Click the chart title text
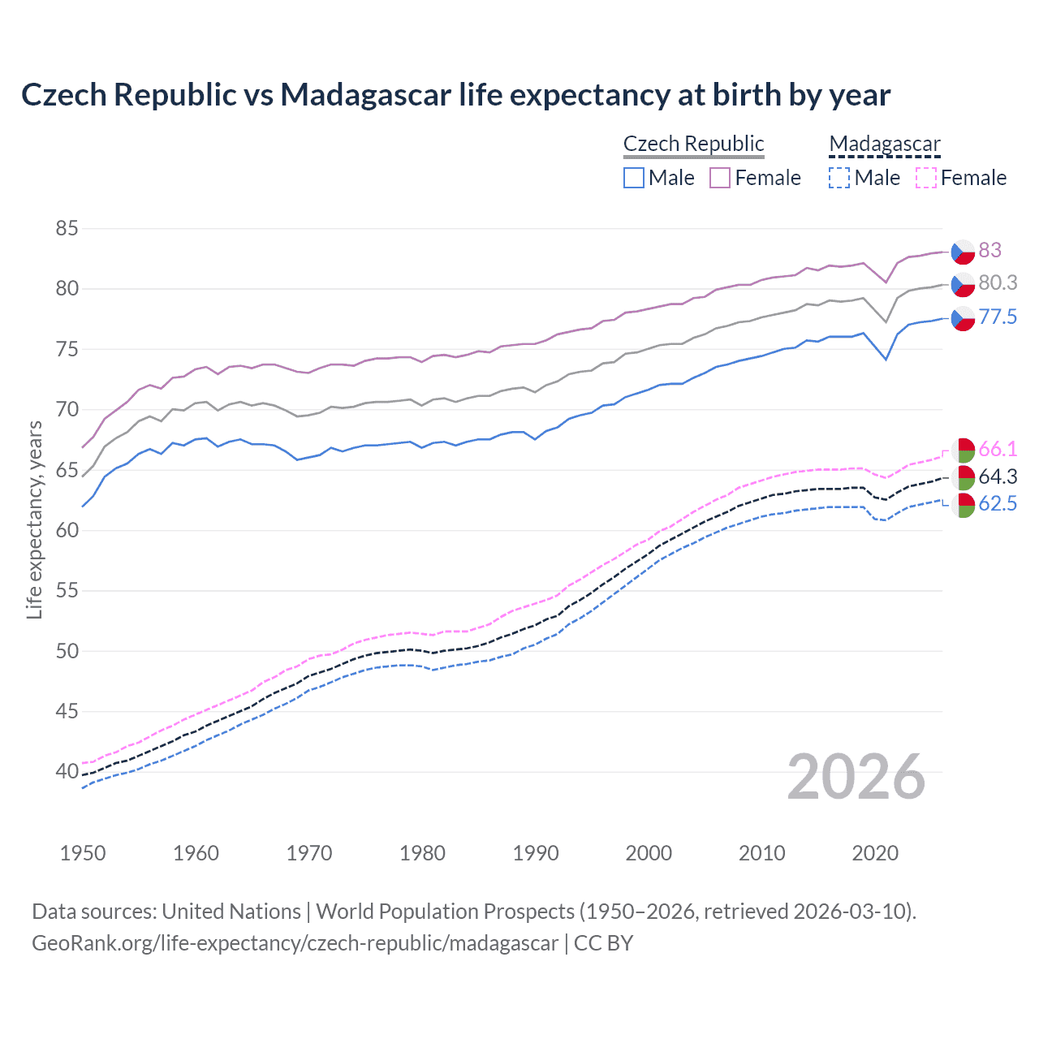pos(455,95)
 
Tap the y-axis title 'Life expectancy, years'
pos(34,519)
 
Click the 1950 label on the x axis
pos(83,853)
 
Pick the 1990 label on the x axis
pos(536,853)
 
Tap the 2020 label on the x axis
pos(875,853)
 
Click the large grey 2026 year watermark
pos(856,777)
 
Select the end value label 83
pos(989,250)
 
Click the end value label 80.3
pos(998,282)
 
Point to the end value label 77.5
pos(998,317)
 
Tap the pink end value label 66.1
pos(998,449)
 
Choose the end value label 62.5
pos(998,504)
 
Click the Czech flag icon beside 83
pos(963,252)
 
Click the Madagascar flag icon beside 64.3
pos(963,476)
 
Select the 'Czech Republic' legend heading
pos(693,144)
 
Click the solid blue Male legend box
pos(634,178)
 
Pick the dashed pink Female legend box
pos(926,178)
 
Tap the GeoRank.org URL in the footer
pos(295,943)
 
